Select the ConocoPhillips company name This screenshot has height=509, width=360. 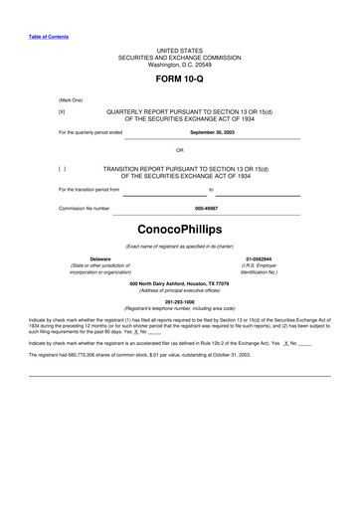[x=179, y=229]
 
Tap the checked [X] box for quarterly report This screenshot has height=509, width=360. [x=63, y=112]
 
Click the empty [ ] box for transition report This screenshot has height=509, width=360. [x=63, y=169]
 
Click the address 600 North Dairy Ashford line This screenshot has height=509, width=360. [x=179, y=283]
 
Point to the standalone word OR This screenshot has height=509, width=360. [x=180, y=150]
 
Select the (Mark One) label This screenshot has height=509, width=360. [x=71, y=100]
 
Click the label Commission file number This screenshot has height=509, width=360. [x=84, y=209]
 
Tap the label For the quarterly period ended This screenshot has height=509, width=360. [x=90, y=131]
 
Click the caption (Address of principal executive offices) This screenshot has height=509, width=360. [x=179, y=290]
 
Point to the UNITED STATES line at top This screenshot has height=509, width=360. [x=179, y=50]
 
